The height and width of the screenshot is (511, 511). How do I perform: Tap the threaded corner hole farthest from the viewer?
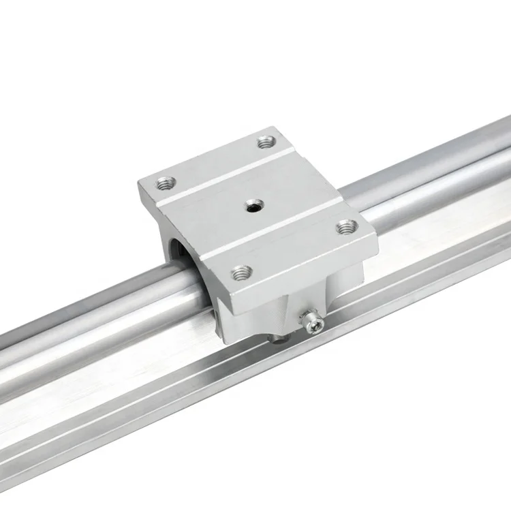tap(266, 143)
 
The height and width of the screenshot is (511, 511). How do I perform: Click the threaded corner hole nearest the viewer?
tap(238, 274)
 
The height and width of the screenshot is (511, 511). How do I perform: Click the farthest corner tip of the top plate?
tap(275, 127)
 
